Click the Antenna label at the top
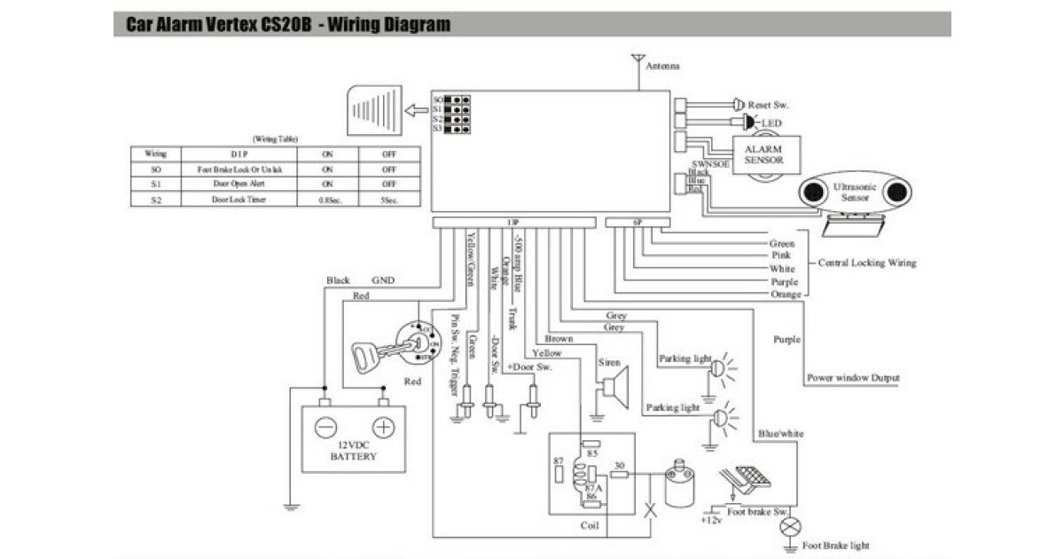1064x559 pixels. [663, 67]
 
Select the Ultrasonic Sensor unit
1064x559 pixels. [856, 193]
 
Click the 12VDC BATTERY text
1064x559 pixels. [353, 451]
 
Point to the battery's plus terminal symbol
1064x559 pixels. [382, 428]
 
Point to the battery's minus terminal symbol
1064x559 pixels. [325, 428]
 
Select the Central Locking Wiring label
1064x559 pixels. [866, 263]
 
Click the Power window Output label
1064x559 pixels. [853, 378]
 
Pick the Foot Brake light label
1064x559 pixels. [834, 545]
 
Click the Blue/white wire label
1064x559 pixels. [780, 434]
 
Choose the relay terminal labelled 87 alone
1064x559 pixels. [558, 463]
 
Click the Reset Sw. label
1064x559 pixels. [769, 105]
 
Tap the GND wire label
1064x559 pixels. [384, 279]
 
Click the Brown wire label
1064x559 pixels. [559, 338]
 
